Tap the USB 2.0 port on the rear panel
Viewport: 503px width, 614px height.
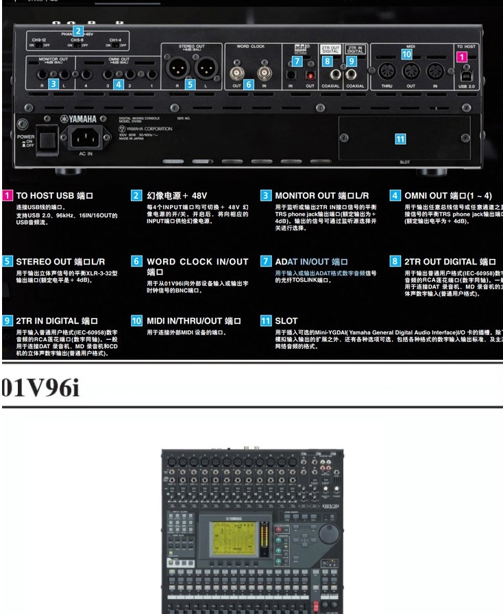pyautogui.click(x=466, y=72)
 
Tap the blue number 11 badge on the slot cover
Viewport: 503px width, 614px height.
pyautogui.click(x=400, y=138)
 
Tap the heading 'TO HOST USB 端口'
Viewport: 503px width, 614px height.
pyautogui.click(x=55, y=195)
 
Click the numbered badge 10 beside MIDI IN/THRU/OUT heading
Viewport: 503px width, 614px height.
pyautogui.click(x=136, y=320)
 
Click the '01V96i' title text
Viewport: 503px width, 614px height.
pyautogui.click(x=40, y=389)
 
